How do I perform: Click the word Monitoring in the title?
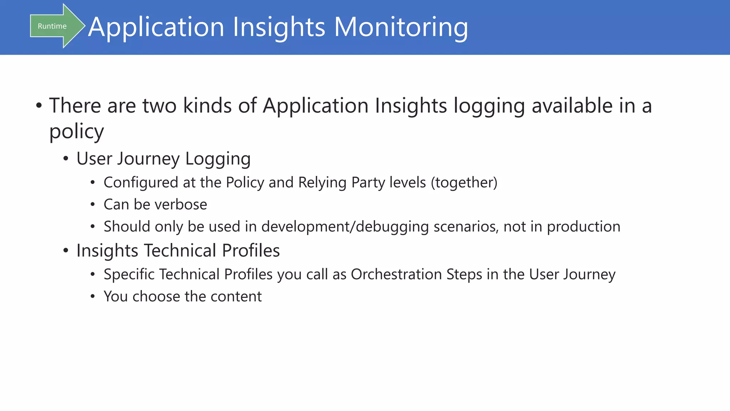click(x=401, y=27)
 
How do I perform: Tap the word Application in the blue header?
click(x=156, y=27)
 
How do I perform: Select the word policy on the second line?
click(x=76, y=132)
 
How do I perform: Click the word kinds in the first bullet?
click(x=207, y=106)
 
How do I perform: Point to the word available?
click(x=572, y=106)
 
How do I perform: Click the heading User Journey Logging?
click(x=163, y=159)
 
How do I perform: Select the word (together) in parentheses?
click(x=464, y=183)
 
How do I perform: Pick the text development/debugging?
click(x=345, y=227)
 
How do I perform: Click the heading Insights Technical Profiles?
click(x=178, y=250)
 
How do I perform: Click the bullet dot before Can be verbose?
click(x=93, y=205)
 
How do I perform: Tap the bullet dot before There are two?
click(x=39, y=106)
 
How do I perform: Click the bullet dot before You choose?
click(x=93, y=297)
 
